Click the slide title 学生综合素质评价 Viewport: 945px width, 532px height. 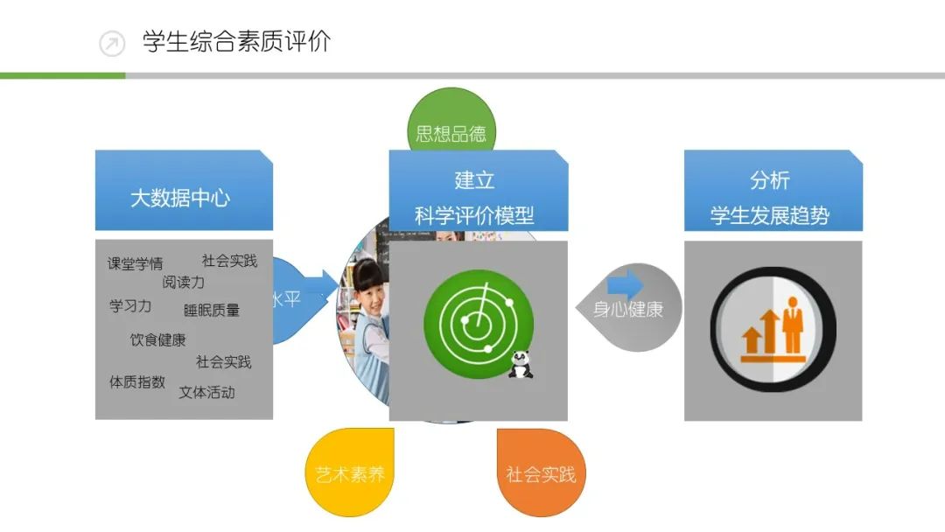pyautogui.click(x=236, y=42)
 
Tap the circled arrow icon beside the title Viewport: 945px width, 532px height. pyautogui.click(x=112, y=43)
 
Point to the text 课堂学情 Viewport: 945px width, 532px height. pyautogui.click(x=135, y=263)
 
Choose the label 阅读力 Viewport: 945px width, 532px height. pyautogui.click(x=184, y=282)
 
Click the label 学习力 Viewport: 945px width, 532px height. pyautogui.click(x=130, y=306)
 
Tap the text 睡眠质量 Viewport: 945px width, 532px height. pyautogui.click(x=212, y=310)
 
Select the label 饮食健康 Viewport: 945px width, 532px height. pyautogui.click(x=157, y=339)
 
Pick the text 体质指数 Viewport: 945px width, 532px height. pyautogui.click(x=136, y=381)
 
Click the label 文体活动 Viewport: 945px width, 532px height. pyautogui.click(x=206, y=392)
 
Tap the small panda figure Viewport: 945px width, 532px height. pyautogui.click(x=521, y=364)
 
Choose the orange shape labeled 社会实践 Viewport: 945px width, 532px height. pyautogui.click(x=541, y=474)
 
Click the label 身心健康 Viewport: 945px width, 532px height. pyautogui.click(x=628, y=309)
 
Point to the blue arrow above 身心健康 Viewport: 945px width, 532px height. pyautogui.click(x=625, y=284)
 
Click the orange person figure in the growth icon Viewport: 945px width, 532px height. pyautogui.click(x=793, y=323)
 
